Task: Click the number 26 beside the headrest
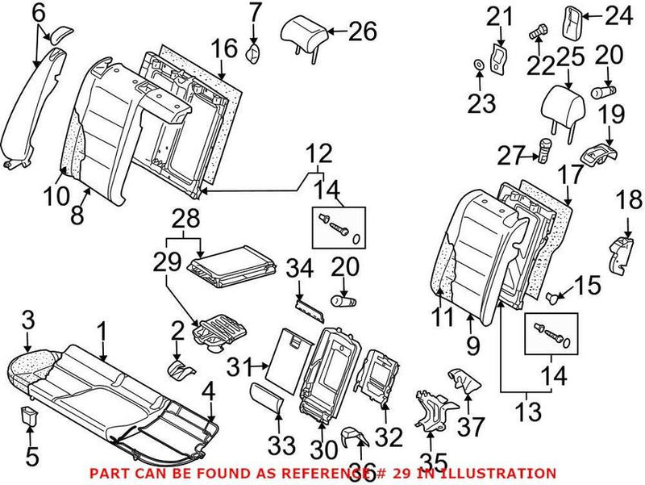362,33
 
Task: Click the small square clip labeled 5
30,418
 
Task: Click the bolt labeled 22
539,33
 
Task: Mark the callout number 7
254,12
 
